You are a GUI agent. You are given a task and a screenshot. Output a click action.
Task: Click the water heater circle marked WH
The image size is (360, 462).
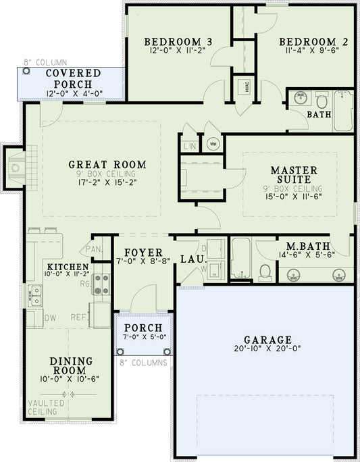pos(213,144)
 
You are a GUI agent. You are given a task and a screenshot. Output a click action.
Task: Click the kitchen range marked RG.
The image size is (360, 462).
pos(101,284)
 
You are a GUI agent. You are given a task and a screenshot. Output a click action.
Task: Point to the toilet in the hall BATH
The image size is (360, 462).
pos(322,102)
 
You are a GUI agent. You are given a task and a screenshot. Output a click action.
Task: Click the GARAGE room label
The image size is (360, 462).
pos(268,340)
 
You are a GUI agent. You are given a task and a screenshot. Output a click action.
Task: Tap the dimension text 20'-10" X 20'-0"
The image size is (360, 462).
pos(268,350)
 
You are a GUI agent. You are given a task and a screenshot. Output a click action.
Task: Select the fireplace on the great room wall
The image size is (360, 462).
pos(16,165)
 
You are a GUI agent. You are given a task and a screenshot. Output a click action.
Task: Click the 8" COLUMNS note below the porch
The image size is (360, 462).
pos(144,363)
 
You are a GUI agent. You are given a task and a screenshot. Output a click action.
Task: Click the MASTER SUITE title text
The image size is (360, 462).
pos(290,175)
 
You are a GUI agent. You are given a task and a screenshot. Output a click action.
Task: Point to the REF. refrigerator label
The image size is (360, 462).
pos(79,317)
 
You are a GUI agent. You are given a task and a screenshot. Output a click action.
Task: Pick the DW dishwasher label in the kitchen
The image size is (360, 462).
pos(49,317)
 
